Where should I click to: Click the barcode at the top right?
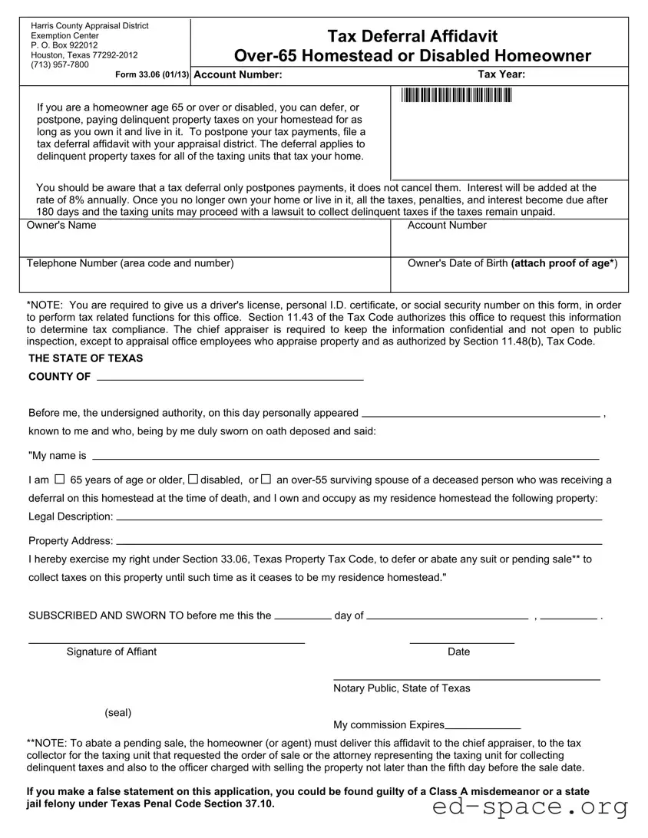click(x=455, y=95)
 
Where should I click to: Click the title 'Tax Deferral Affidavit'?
click(x=412, y=36)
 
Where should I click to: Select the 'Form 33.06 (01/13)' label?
click(x=152, y=74)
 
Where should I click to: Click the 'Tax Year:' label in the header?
click(x=501, y=74)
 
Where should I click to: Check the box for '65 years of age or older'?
click(x=60, y=480)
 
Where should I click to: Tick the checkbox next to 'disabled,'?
click(x=193, y=480)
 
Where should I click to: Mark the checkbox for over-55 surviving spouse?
click(x=266, y=480)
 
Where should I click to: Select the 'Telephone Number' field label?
click(x=131, y=263)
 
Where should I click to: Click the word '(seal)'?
click(x=118, y=712)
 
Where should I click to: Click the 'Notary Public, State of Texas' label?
click(x=402, y=688)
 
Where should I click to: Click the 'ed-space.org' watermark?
click(x=531, y=806)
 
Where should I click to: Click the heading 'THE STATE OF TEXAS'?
click(x=86, y=358)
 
